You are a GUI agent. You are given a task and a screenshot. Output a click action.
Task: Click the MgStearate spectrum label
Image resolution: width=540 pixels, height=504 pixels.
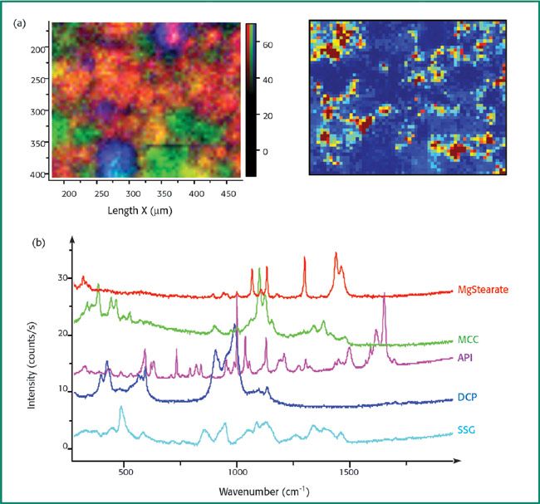[484, 290]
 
